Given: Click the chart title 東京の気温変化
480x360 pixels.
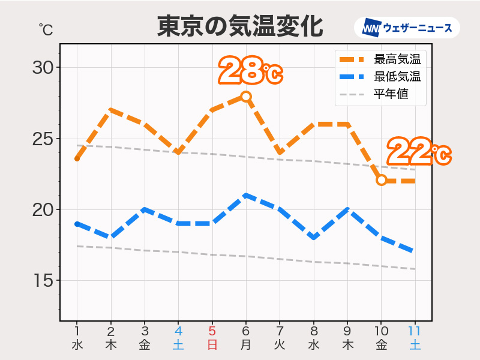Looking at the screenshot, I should [240, 27].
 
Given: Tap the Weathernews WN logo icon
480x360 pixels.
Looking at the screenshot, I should [372, 28].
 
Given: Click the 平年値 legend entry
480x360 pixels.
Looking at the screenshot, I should [391, 94].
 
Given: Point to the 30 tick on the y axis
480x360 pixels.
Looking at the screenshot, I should [43, 67].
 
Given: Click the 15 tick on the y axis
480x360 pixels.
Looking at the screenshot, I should [43, 281].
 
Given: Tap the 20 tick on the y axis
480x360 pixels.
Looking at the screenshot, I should [43, 210].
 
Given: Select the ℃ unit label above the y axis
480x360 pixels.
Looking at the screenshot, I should [46, 29].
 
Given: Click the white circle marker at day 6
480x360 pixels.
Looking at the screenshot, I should [246, 96].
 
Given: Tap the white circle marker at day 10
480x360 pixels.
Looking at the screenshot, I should [381, 180].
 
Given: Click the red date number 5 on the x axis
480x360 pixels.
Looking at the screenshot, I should [212, 331].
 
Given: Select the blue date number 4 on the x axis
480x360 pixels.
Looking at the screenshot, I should [178, 331].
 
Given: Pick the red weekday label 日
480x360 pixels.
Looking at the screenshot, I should [212, 345].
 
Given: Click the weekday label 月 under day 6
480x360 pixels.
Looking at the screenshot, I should [246, 345].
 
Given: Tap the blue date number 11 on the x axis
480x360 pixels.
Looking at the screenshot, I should [415, 331].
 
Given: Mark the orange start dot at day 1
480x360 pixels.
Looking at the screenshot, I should [77, 158].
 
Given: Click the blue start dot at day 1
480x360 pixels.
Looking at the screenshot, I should [77, 224].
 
